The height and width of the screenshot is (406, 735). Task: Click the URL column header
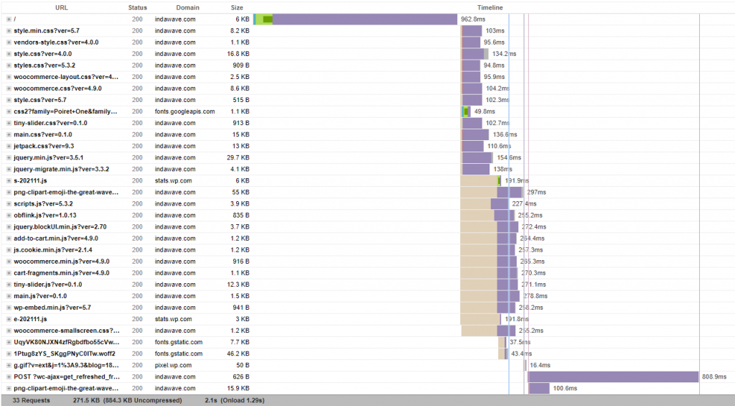[62, 7]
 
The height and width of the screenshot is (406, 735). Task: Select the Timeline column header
[490, 7]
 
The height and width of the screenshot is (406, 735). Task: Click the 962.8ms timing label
[473, 19]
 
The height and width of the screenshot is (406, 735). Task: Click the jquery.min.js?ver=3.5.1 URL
[49, 157]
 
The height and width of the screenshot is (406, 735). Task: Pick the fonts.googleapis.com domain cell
[184, 111]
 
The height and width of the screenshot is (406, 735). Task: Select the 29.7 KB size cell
[238, 157]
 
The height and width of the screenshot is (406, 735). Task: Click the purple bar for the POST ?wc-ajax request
[614, 377]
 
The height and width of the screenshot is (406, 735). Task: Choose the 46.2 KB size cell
[238, 354]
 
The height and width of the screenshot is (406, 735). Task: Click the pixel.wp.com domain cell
[174, 365]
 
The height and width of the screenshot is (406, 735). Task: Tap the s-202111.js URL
[31, 180]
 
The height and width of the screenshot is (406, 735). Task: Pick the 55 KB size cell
[240, 192]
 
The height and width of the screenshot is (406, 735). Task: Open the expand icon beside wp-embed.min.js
[9, 308]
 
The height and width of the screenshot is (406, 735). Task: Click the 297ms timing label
[536, 192]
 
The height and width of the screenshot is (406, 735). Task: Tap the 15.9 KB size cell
[238, 388]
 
